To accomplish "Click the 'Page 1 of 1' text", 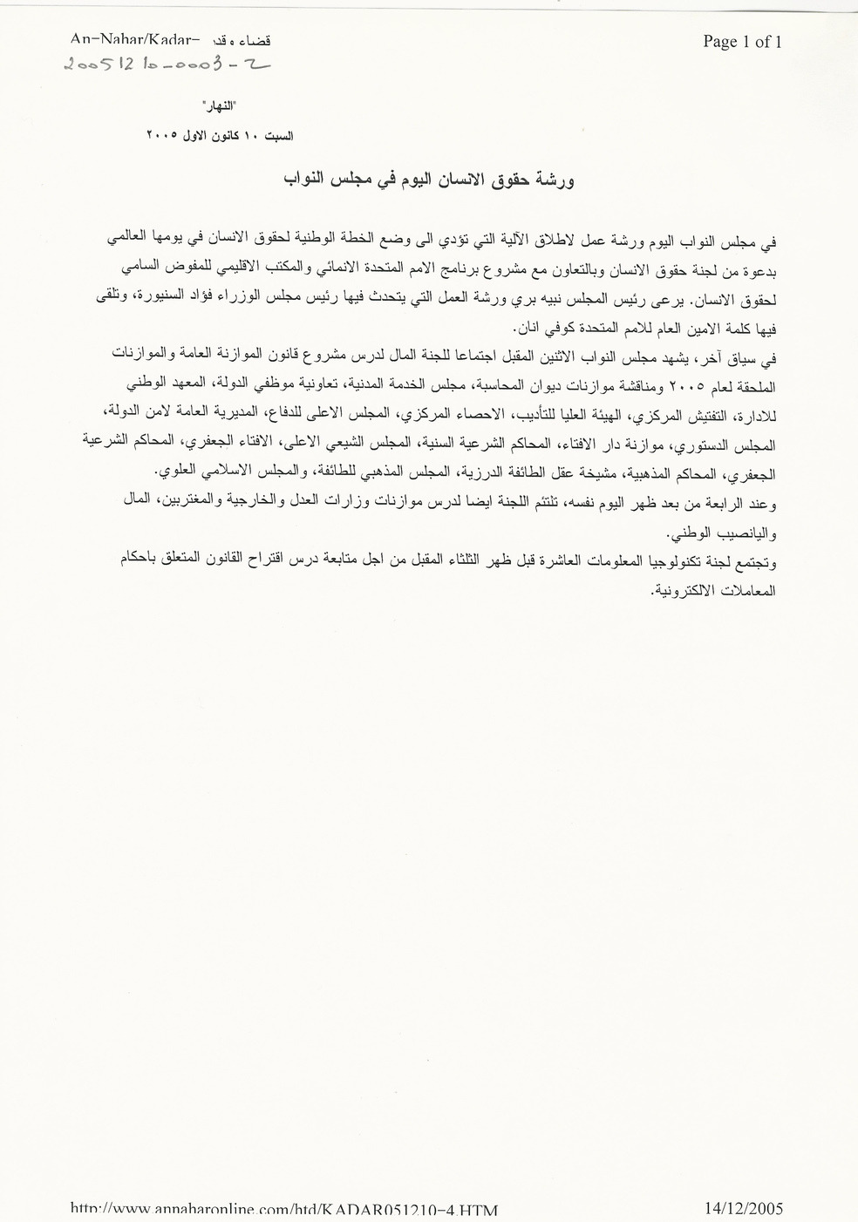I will (742, 42).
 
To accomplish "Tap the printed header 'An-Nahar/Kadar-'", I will (135, 39).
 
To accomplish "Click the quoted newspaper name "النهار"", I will (219, 108).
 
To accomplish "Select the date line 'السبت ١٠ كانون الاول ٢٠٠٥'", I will (220, 136).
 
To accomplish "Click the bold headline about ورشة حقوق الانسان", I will (430, 180).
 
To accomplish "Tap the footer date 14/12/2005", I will (743, 1208).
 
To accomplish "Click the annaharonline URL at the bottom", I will (284, 1210).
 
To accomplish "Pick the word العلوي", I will (175, 472).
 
